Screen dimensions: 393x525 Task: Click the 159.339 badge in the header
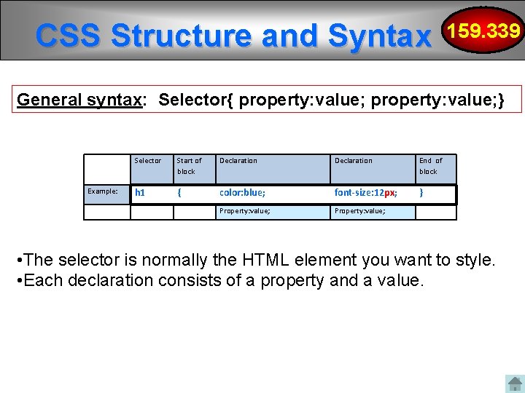485,31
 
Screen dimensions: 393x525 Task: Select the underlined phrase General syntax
79,100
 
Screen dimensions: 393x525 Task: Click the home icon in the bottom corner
515,384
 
